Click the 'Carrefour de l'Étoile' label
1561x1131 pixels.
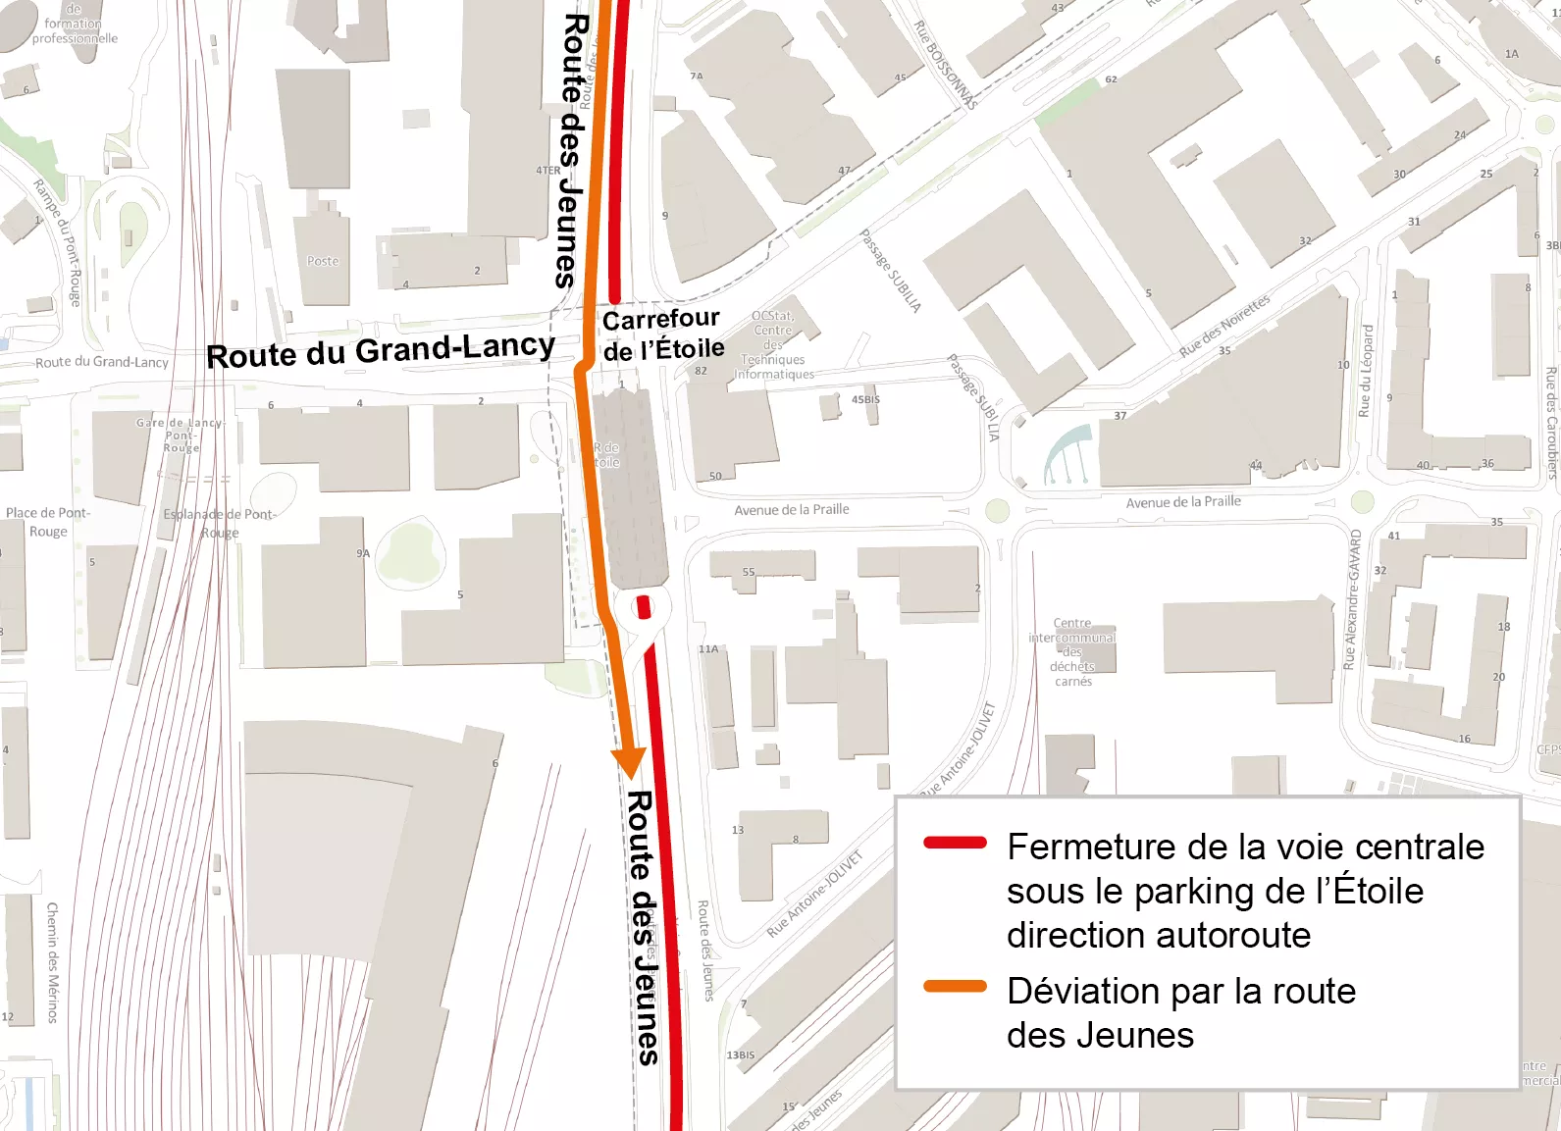(662, 334)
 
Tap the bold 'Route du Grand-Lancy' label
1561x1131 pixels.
(381, 350)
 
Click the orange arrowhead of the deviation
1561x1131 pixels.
(628, 761)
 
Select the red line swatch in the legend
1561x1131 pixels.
(955, 843)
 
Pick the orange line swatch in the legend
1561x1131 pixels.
(955, 987)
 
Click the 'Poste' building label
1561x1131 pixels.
(323, 262)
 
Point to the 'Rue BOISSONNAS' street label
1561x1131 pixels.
(946, 65)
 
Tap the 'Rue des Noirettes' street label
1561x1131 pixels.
(1224, 326)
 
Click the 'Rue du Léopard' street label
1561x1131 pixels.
(1365, 371)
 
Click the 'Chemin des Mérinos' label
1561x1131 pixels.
(53, 962)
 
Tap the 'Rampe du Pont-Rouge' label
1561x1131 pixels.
(58, 241)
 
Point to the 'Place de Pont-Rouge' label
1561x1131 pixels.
(47, 522)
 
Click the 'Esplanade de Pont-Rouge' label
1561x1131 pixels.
(220, 524)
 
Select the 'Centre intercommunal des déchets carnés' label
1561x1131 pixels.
(1072, 652)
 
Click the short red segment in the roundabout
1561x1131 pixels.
(644, 607)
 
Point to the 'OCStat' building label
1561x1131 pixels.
(772, 316)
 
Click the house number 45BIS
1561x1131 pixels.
(865, 400)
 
